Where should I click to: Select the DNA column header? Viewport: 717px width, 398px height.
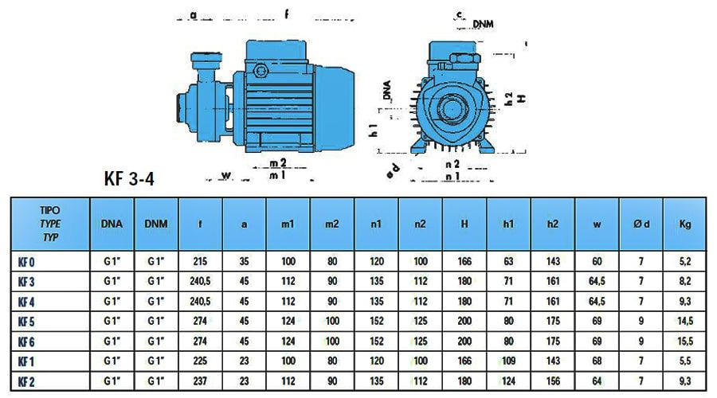pos(112,224)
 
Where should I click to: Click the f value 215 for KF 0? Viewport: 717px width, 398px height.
pos(200,260)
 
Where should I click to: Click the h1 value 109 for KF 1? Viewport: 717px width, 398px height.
pos(508,360)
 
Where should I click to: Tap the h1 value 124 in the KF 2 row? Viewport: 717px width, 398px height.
pos(508,380)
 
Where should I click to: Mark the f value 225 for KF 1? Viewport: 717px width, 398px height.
pos(200,360)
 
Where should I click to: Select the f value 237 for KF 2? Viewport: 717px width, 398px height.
pos(200,380)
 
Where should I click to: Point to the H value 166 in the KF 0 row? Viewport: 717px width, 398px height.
pos(464,260)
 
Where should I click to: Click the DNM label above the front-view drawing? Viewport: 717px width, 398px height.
pos(483,25)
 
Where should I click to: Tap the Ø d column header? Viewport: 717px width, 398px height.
pos(642,224)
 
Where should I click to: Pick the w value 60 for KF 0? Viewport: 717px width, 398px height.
pos(597,260)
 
